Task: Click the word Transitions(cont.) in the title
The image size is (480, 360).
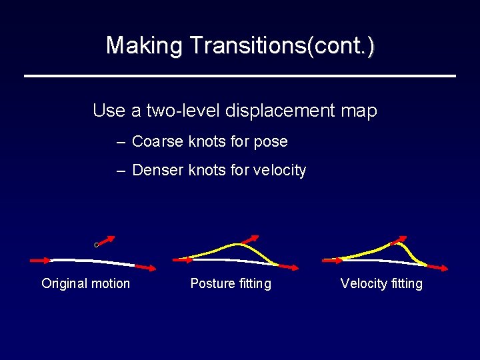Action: tap(282, 45)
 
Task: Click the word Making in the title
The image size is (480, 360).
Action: tap(145, 45)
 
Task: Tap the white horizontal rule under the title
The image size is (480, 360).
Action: tap(240, 76)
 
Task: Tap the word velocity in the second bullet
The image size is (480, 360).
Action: tap(278, 171)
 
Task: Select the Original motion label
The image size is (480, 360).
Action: tap(85, 283)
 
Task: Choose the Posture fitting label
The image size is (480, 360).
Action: tap(231, 283)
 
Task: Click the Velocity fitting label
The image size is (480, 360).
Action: tap(381, 283)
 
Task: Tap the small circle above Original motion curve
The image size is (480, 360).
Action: tap(96, 245)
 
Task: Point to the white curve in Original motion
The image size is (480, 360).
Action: tap(93, 260)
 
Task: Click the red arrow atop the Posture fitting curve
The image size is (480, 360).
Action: tap(251, 240)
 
